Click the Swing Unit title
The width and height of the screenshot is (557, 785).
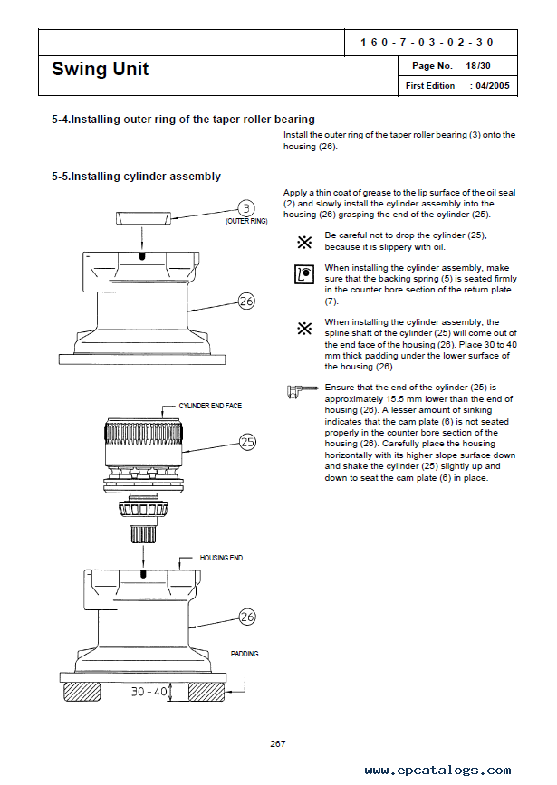pos(101,69)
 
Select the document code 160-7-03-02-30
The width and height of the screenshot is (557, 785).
pos(427,43)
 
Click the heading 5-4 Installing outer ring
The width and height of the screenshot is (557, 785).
pos(184,119)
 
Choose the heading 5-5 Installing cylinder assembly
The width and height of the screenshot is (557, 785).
pos(137,177)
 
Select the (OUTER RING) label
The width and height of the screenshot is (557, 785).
pos(246,221)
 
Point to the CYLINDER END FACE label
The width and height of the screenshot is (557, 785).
pos(210,407)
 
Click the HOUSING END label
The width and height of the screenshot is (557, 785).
pos(221,558)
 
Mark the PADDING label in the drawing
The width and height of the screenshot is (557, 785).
pos(245,653)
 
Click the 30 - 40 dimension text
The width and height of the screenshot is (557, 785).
pos(149,692)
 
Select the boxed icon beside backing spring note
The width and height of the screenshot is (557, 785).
pos(304,273)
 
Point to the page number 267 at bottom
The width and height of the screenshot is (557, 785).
pos(278,743)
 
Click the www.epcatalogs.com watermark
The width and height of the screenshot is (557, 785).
pos(437,771)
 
